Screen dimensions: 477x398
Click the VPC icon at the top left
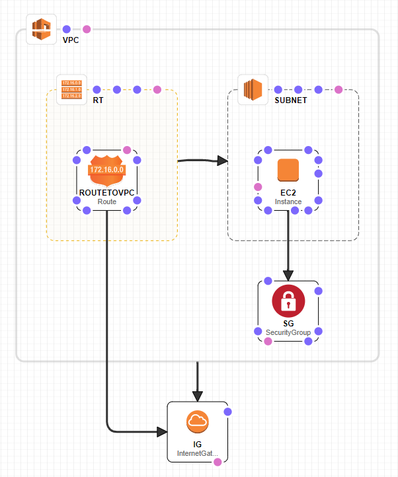[x=42, y=30]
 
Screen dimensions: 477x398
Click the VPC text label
[x=71, y=40]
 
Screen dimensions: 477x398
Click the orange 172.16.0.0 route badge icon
[x=106, y=170]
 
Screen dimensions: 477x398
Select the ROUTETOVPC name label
[x=106, y=192]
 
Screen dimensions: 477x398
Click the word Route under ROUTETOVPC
[x=106, y=201]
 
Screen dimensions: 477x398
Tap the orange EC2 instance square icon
[x=288, y=170]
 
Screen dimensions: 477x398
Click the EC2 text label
[x=288, y=192]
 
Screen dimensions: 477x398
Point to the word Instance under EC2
[x=288, y=201]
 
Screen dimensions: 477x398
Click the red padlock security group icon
[x=288, y=301]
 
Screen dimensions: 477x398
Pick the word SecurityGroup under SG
[x=288, y=332]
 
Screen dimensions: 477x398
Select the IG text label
[x=197, y=444]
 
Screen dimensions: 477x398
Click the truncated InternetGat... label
[x=197, y=454]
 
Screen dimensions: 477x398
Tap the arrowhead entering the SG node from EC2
[x=288, y=274]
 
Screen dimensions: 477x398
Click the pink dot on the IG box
[x=218, y=462]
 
